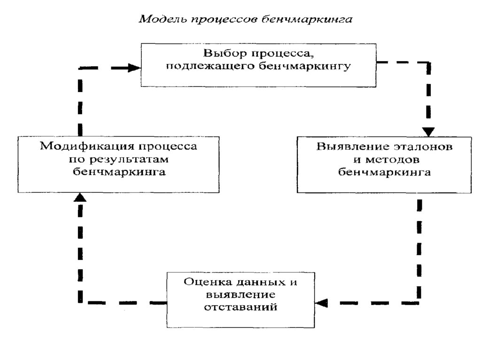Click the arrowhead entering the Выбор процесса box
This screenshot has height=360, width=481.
136,68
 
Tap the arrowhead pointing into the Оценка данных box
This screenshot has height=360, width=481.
321,303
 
